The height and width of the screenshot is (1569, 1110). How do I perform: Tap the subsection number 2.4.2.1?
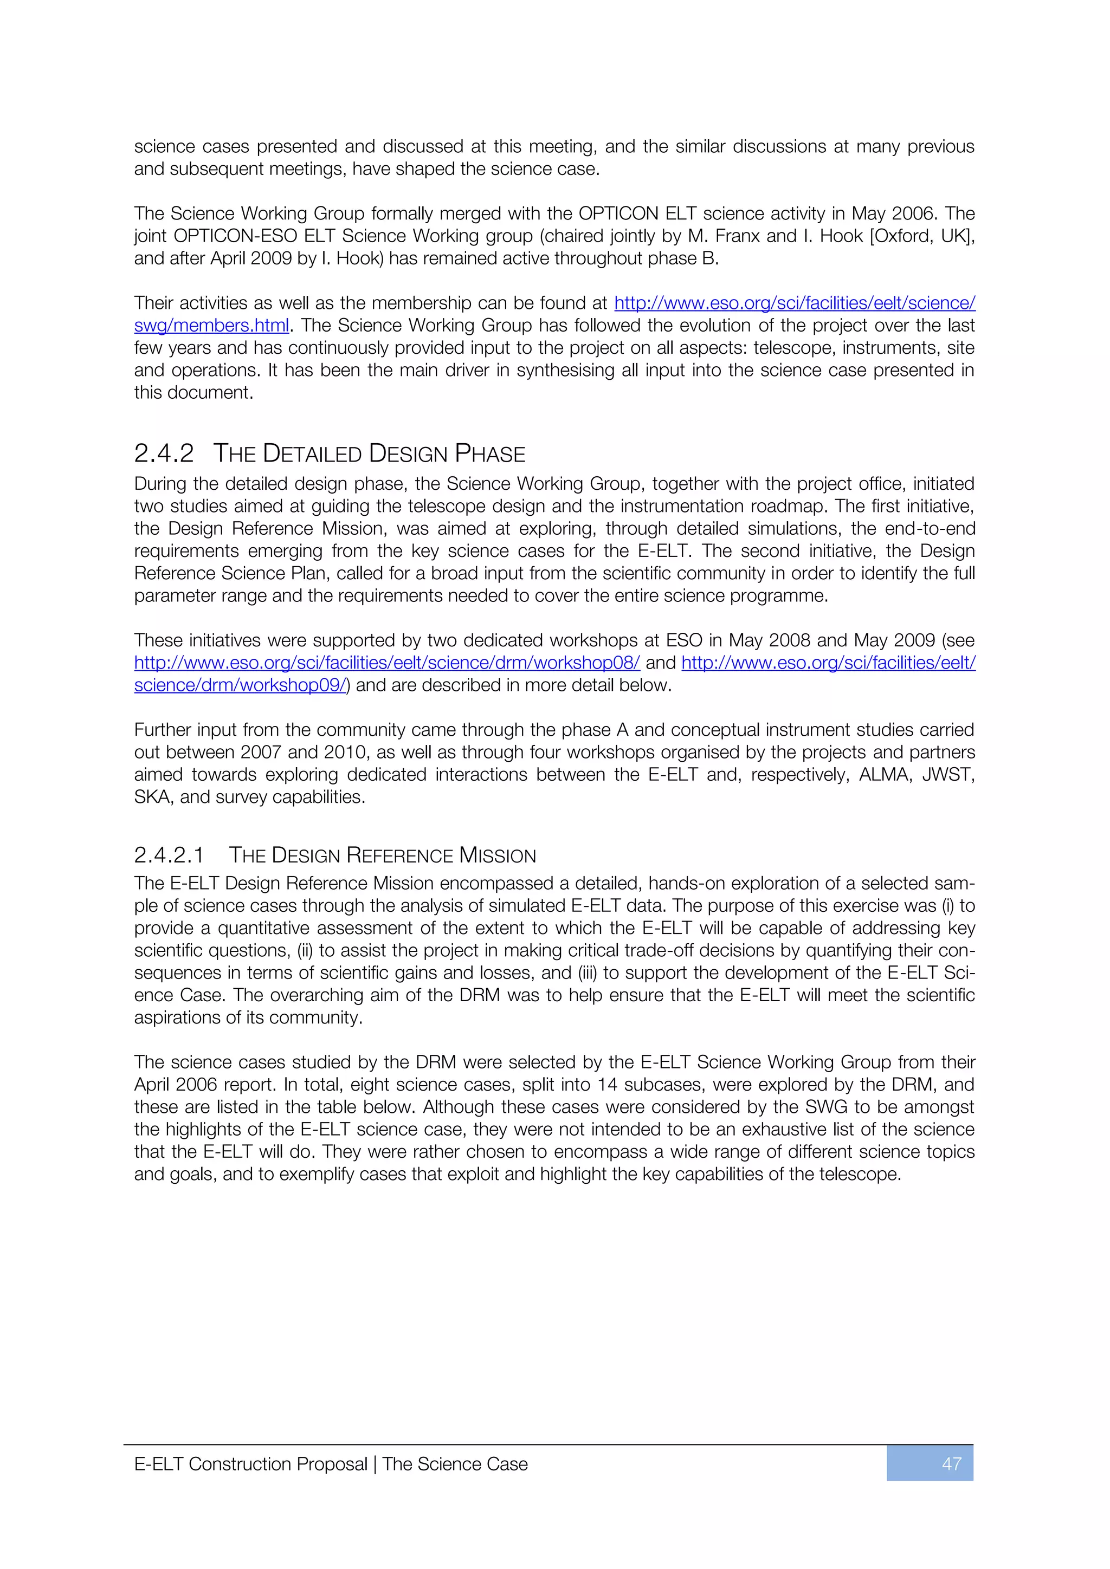point(169,855)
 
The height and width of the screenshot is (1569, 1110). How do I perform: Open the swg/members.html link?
point(211,325)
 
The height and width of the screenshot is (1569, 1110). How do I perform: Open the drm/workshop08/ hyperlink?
point(387,662)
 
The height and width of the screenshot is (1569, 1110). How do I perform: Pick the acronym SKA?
point(151,797)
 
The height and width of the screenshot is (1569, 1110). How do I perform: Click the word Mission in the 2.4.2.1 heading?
point(498,855)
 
